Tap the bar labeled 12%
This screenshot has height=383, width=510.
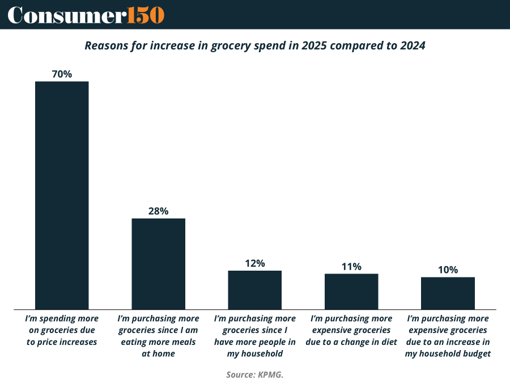[x=254, y=290]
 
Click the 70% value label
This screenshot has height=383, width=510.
[x=62, y=74]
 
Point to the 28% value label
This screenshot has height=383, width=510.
[x=158, y=211]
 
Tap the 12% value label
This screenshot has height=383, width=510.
[x=254, y=263]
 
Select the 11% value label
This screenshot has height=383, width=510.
[x=351, y=267]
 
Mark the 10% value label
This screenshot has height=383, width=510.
[x=448, y=270]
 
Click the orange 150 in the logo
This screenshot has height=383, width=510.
[x=146, y=15]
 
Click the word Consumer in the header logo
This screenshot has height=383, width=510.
[x=67, y=15]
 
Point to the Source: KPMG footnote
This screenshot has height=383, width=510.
[x=254, y=375]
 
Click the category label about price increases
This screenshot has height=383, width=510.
[x=62, y=330]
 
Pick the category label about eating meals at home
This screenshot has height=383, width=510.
[x=158, y=336]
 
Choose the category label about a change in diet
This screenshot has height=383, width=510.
[x=351, y=330]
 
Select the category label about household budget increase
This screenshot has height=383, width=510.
[x=448, y=336]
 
